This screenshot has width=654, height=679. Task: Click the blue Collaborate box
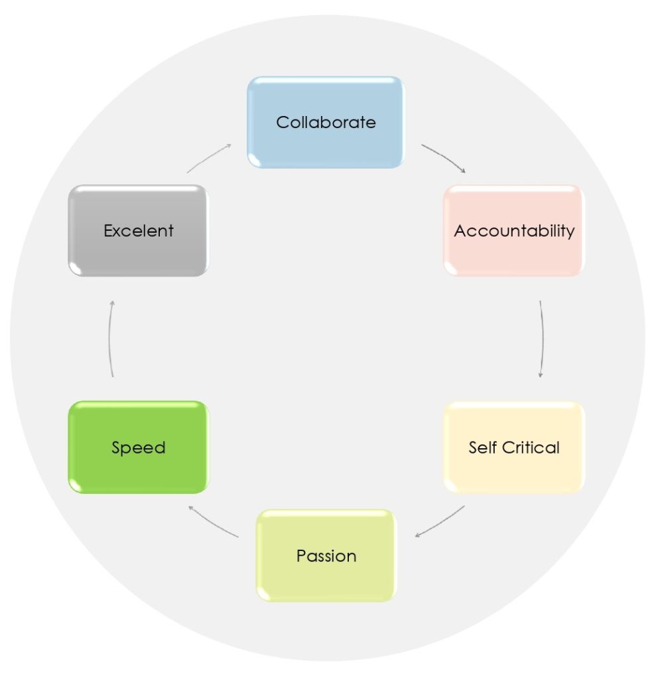[326, 123]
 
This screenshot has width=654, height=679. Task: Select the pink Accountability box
[514, 231]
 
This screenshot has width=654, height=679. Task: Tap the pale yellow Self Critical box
[514, 448]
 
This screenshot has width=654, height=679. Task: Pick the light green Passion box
[326, 556]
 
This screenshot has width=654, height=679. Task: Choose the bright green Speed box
[139, 448]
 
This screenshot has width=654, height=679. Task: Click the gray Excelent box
[139, 231]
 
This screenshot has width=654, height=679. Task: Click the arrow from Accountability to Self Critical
[543, 339]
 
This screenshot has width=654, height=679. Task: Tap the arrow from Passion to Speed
[212, 523]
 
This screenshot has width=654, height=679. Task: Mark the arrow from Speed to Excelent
[109, 339]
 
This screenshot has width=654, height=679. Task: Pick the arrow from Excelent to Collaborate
[208, 157]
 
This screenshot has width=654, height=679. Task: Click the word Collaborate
[326, 123]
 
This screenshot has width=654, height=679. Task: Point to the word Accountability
[514, 231]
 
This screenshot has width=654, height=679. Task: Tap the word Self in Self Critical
[482, 448]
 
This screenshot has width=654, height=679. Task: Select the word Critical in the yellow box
[531, 448]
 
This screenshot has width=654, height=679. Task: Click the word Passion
[326, 556]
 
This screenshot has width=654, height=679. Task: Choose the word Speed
[139, 448]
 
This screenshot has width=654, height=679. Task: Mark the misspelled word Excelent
[139, 231]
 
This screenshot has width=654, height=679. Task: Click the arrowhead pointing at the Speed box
[190, 507]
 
